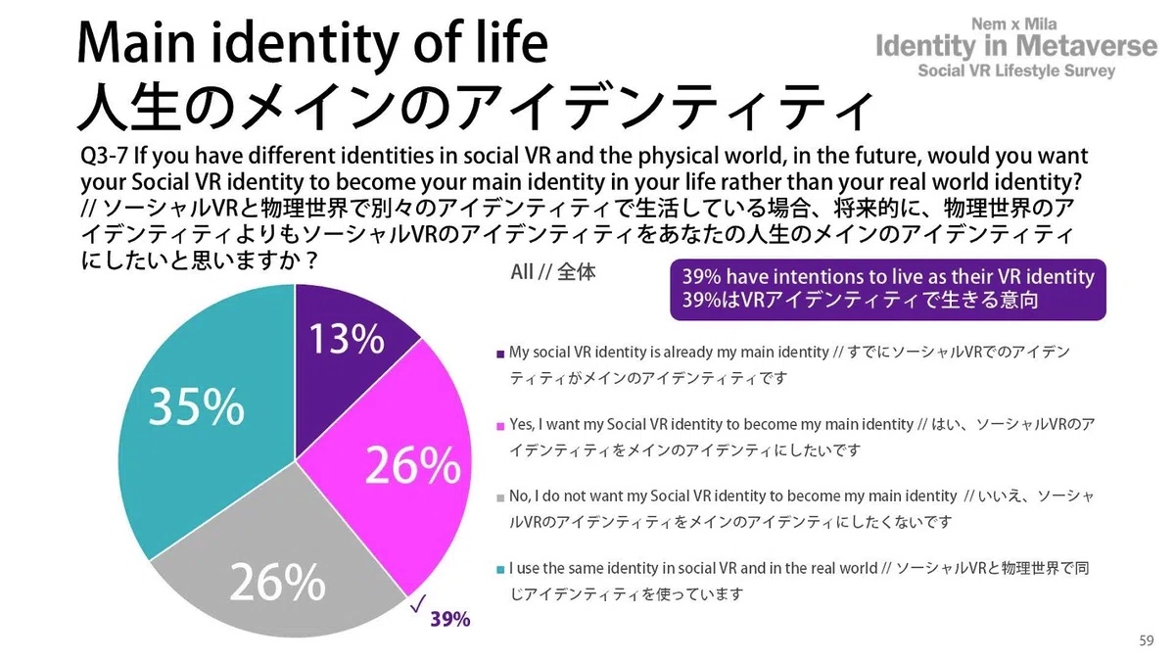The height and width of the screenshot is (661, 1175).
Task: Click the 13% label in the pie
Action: [x=348, y=339]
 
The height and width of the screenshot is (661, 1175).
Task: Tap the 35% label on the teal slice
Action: [x=197, y=407]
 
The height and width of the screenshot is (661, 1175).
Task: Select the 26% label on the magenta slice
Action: [x=413, y=466]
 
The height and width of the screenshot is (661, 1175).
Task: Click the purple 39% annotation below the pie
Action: [x=450, y=619]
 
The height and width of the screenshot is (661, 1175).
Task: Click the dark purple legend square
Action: [x=500, y=353]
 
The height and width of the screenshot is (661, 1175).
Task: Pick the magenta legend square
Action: [x=500, y=425]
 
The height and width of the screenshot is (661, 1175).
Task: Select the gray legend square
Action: [x=500, y=497]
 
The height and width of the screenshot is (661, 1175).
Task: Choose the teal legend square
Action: [x=500, y=569]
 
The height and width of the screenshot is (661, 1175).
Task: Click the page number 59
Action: [x=1147, y=640]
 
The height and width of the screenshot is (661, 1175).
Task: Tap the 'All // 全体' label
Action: [x=552, y=273]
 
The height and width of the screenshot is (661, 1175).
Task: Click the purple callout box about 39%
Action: [x=888, y=289]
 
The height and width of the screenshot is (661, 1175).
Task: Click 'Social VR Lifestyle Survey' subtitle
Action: [x=1015, y=71]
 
